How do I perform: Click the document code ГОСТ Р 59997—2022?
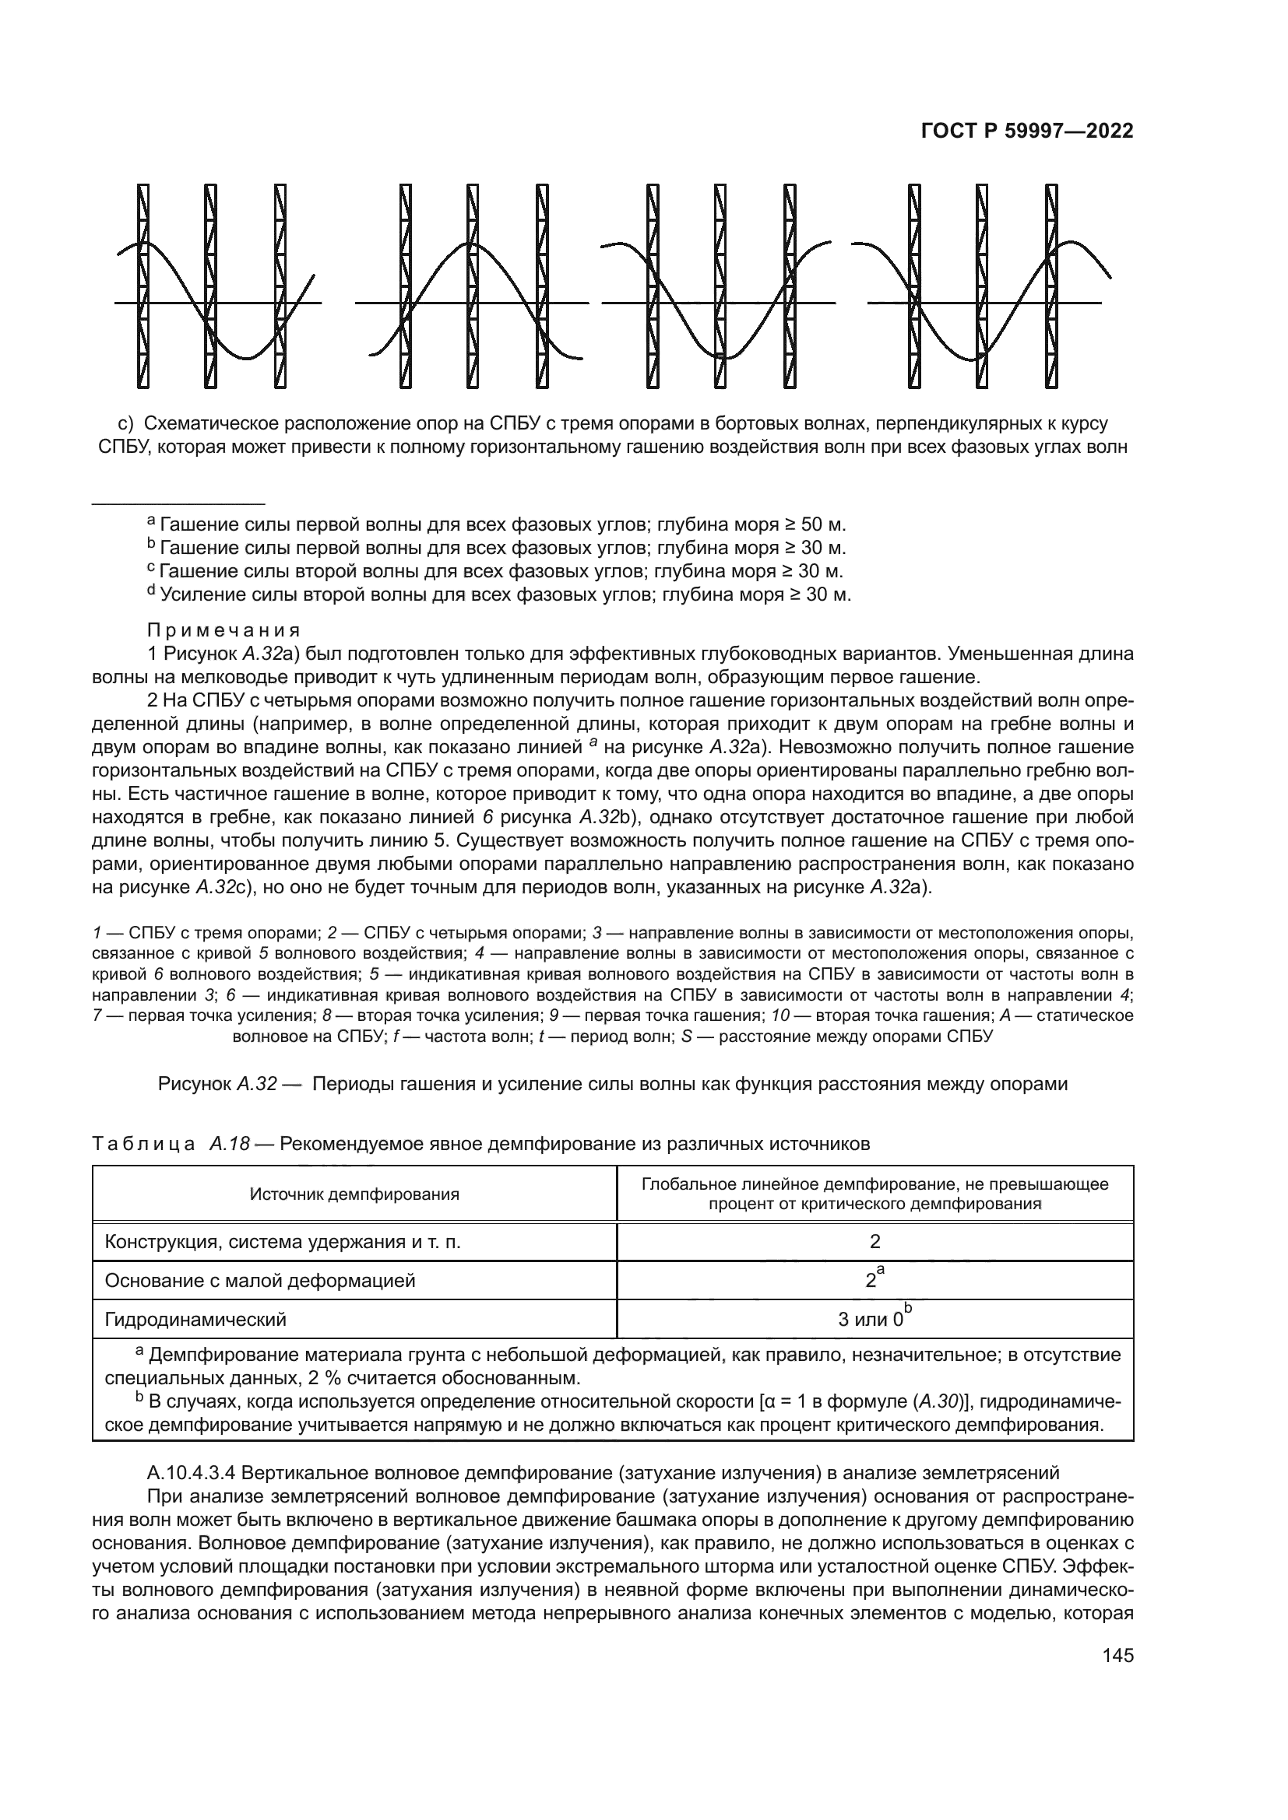click(x=1027, y=132)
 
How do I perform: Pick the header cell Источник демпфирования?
click(x=354, y=1194)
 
